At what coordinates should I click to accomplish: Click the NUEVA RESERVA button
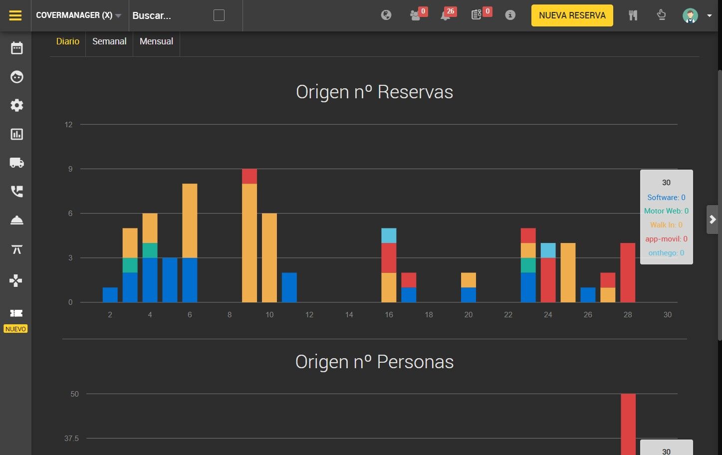(572, 15)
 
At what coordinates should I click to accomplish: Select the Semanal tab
(109, 41)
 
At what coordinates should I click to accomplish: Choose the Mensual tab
(156, 41)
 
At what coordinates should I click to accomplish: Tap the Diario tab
(68, 41)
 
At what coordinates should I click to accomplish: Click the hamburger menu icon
(15, 15)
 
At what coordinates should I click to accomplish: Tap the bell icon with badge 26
(446, 15)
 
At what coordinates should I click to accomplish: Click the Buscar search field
(171, 15)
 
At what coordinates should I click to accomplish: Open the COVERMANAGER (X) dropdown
(78, 15)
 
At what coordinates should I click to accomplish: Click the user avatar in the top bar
(690, 15)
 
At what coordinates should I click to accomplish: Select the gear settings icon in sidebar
(17, 105)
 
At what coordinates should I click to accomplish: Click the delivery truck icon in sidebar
(17, 163)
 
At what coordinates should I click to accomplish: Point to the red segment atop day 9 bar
(249, 176)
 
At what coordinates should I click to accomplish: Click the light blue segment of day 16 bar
(389, 235)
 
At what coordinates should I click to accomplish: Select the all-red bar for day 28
(628, 272)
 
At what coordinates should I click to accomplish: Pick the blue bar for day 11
(289, 287)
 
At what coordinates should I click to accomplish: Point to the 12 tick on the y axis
(68, 125)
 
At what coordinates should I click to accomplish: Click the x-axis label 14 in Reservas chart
(349, 314)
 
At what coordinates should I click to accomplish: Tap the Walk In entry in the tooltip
(666, 225)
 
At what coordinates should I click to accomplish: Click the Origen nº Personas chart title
(374, 362)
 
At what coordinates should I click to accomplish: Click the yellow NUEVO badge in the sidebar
(15, 329)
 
